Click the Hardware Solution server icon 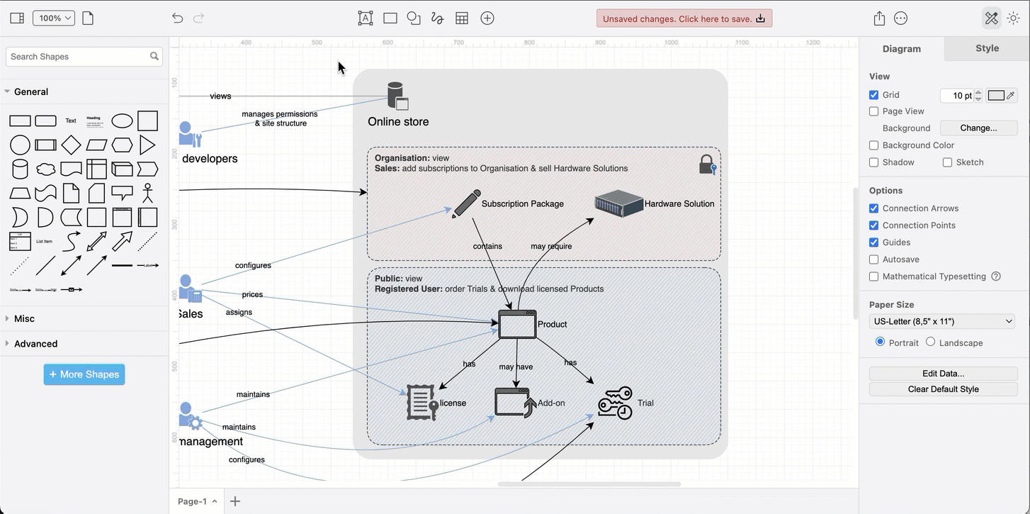click(x=618, y=203)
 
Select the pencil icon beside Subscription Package click(x=466, y=203)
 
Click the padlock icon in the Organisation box click(x=707, y=164)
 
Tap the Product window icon click(x=517, y=324)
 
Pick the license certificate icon click(x=422, y=403)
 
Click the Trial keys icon click(x=615, y=403)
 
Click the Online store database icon click(x=397, y=96)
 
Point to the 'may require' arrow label click(x=551, y=246)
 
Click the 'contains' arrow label click(x=487, y=246)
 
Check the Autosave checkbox click(x=873, y=259)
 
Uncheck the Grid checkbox click(x=873, y=95)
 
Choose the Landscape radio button click(x=930, y=342)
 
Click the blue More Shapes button click(x=84, y=374)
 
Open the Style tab click(x=987, y=48)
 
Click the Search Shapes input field click(x=78, y=57)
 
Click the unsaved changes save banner click(x=684, y=18)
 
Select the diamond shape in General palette click(x=71, y=145)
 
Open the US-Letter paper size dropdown click(x=943, y=321)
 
